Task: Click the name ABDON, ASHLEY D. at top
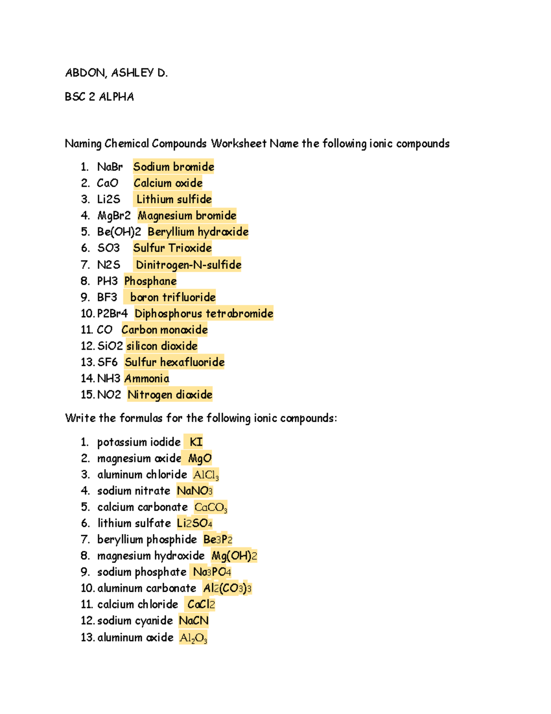click(116, 73)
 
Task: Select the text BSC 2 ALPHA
click(99, 97)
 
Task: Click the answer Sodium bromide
click(174, 166)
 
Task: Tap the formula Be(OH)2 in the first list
click(119, 232)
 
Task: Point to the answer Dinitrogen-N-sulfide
click(188, 265)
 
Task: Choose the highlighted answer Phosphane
click(150, 281)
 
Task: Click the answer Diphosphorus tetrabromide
click(204, 314)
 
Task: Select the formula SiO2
click(110, 346)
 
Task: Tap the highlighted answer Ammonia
click(146, 378)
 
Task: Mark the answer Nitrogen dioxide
click(170, 394)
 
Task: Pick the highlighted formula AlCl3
click(206, 475)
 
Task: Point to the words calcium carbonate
click(142, 507)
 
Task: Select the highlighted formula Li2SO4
click(195, 523)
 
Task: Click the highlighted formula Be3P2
click(218, 539)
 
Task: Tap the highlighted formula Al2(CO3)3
click(227, 588)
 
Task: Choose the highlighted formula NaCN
click(193, 621)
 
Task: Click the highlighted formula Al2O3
click(193, 638)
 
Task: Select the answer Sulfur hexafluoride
click(174, 362)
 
